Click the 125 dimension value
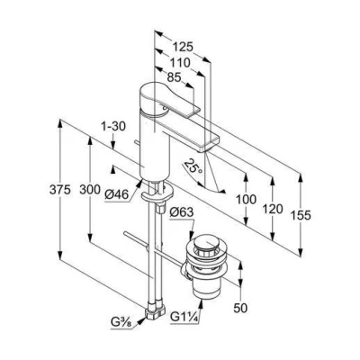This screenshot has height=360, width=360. tap(183, 47)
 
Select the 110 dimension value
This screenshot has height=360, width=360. tap(180, 63)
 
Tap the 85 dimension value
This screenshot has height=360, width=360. tap(174, 77)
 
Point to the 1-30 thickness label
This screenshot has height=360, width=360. tap(113, 126)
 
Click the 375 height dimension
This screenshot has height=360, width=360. tap(60, 190)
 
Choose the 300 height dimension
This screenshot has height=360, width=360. tap(90, 190)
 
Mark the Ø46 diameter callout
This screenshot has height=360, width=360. tap(117, 195)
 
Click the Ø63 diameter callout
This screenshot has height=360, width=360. tap(181, 212)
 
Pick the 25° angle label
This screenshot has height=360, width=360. tap(193, 166)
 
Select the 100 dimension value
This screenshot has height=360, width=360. tap(246, 200)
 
